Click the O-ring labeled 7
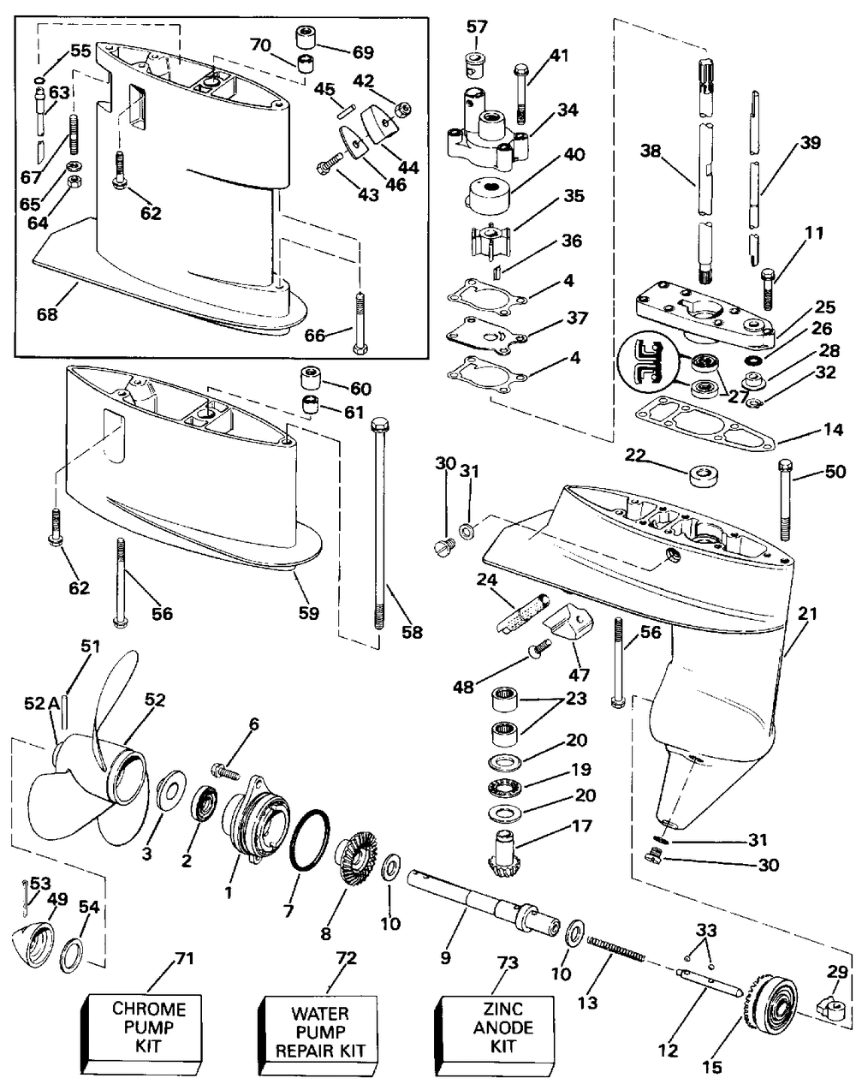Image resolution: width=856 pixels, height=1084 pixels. [x=310, y=840]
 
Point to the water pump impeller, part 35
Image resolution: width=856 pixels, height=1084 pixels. [x=490, y=239]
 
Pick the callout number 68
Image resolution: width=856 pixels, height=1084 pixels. [x=47, y=314]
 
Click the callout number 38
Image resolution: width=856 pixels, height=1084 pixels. [x=651, y=150]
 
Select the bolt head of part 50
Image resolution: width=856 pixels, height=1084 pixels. [x=786, y=466]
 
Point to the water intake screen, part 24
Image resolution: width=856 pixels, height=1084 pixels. [x=521, y=613]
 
